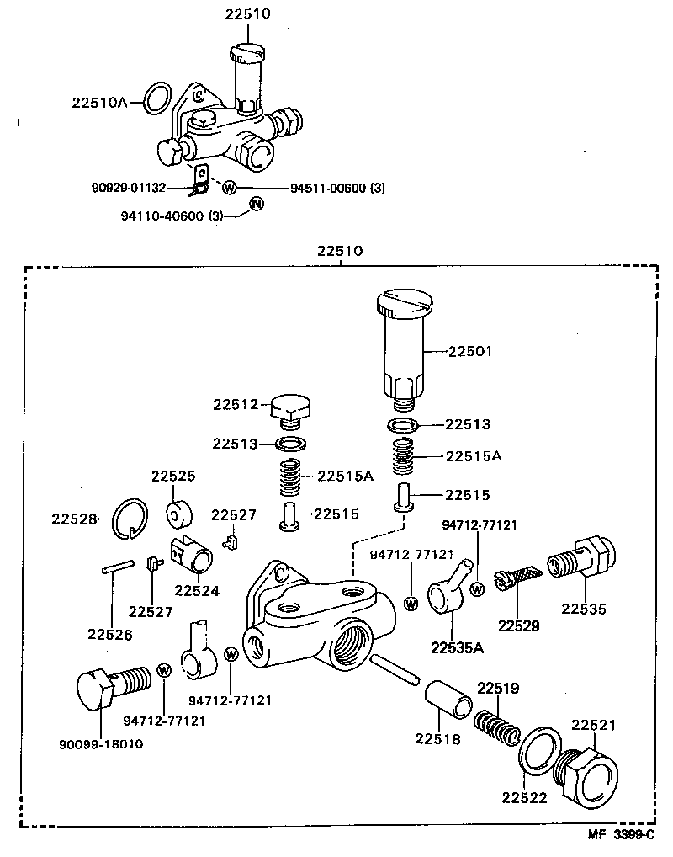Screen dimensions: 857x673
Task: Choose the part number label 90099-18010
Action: (101, 743)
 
